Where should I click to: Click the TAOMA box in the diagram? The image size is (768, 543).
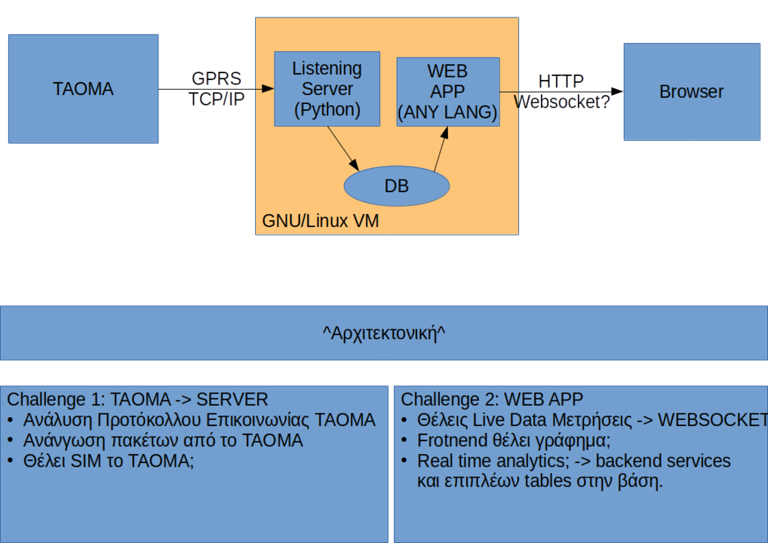(x=83, y=89)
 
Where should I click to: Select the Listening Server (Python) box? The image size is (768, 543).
(x=327, y=89)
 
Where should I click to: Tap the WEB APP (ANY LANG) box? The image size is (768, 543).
(x=448, y=91)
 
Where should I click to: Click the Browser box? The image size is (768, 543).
(x=692, y=91)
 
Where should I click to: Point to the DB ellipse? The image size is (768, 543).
(x=397, y=186)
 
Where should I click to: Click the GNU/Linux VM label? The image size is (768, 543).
(x=321, y=221)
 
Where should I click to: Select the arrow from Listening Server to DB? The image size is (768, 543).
(x=343, y=149)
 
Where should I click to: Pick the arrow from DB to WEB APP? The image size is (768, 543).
(x=441, y=149)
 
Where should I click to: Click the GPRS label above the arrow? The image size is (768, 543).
(x=217, y=78)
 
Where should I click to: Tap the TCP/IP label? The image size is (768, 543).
(x=217, y=100)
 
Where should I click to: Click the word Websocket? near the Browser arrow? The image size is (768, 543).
(x=562, y=102)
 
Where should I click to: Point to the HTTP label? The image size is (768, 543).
(x=561, y=81)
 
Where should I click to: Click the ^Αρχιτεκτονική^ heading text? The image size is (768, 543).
(x=384, y=333)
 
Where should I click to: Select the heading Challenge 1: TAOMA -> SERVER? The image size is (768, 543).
(x=137, y=400)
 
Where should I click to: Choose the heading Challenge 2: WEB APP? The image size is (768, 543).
(x=492, y=400)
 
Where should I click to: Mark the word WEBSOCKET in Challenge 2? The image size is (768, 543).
(x=713, y=420)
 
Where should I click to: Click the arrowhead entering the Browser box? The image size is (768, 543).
(x=617, y=91)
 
